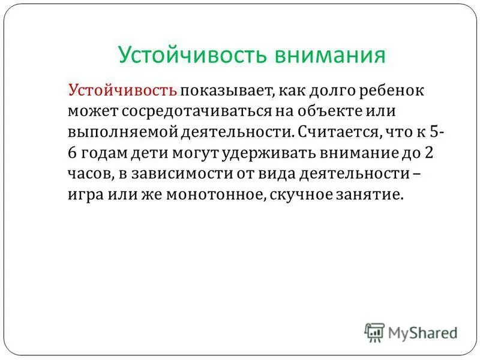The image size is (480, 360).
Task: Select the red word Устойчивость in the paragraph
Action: tap(123, 91)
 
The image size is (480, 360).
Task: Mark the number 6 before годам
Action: tap(73, 152)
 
